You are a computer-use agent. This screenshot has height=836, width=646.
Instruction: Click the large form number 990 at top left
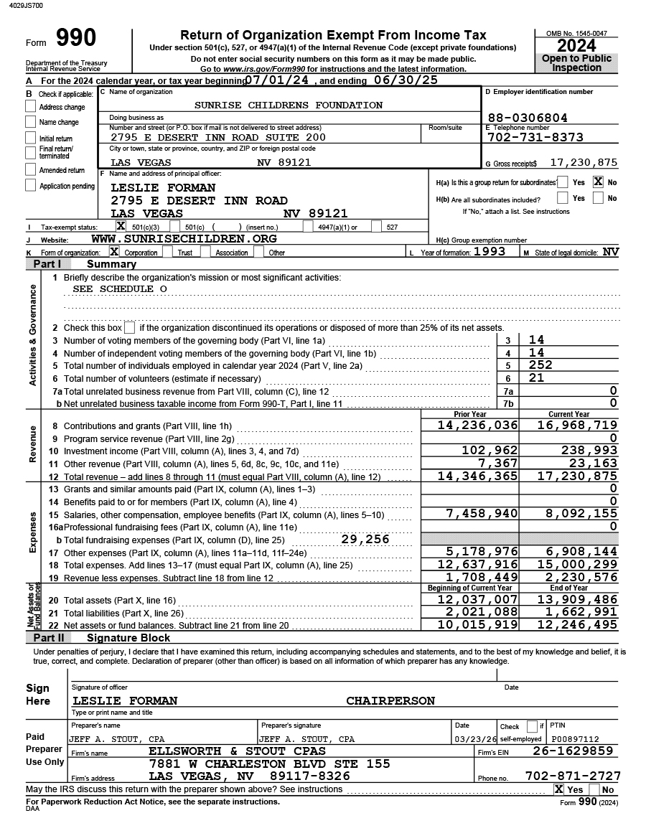[x=75, y=39]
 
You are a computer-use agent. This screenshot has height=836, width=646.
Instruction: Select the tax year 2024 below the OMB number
[x=576, y=46]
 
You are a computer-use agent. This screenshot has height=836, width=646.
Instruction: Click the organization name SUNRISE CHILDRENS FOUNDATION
[x=289, y=105]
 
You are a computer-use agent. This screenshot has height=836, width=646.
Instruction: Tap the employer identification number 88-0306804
[x=527, y=118]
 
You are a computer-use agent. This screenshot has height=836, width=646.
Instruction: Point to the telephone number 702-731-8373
[x=535, y=137]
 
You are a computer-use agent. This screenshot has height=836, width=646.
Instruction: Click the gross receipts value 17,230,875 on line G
[x=584, y=163]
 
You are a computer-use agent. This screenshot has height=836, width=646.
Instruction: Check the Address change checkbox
[x=30, y=106]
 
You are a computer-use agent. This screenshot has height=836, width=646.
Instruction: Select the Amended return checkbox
[x=30, y=169]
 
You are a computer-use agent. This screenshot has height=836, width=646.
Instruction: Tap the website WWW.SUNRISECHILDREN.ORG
[x=184, y=239]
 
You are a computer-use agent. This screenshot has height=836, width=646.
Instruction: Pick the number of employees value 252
[x=540, y=365]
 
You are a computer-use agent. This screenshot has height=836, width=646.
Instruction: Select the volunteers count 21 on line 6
[x=536, y=378]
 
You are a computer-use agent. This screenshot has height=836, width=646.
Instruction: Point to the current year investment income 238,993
[x=589, y=450]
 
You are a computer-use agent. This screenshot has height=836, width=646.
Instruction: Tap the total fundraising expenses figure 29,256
[x=365, y=540]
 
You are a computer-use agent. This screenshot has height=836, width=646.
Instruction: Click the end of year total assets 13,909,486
[x=577, y=600]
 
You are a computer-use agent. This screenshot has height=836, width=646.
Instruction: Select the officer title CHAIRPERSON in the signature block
[x=390, y=701]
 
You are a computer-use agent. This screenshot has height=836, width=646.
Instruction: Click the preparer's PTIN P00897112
[x=574, y=739]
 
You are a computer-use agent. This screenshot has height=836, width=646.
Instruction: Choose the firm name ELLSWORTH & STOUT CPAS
[x=237, y=751]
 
